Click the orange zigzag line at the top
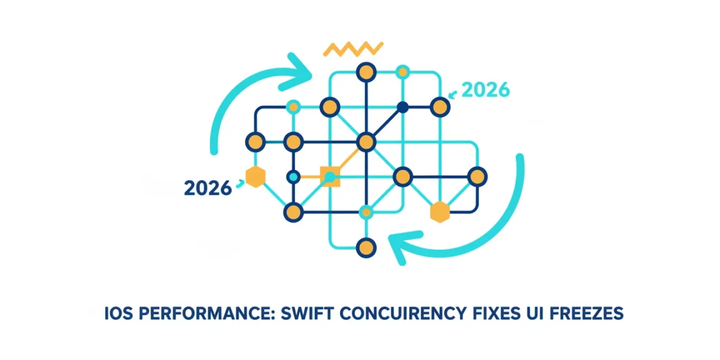(x=353, y=49)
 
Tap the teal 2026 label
(x=485, y=89)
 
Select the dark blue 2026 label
(x=208, y=188)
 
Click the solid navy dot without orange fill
(x=403, y=107)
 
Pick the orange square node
(x=330, y=177)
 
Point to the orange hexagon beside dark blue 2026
(x=256, y=177)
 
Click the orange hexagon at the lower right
(x=440, y=212)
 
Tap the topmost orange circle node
(x=366, y=73)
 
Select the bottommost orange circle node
(x=366, y=248)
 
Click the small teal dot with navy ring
(x=293, y=177)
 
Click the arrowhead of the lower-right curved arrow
(x=402, y=246)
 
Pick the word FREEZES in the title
(x=586, y=313)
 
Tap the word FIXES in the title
(x=496, y=313)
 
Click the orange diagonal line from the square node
(x=349, y=159)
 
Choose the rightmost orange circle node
(x=478, y=177)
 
